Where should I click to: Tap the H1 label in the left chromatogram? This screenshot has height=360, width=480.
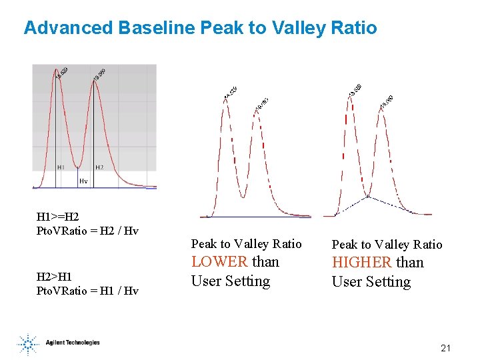coord(61,167)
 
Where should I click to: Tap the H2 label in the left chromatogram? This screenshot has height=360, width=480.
coord(99,167)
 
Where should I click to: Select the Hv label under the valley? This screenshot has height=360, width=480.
coord(83,181)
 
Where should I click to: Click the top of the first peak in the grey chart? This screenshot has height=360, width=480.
coord(57,70)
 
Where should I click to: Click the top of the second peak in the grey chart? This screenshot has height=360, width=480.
coord(94,80)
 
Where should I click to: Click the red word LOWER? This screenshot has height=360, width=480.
coord(220,262)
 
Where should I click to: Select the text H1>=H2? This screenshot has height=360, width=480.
coord(57,217)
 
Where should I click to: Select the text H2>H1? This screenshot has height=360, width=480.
coord(55,276)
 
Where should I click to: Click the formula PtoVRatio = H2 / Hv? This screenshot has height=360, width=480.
coord(87,231)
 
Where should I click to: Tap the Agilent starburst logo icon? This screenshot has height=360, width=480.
coord(28,343)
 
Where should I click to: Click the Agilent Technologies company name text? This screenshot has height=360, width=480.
coord(73,343)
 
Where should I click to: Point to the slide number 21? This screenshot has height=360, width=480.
coord(446,349)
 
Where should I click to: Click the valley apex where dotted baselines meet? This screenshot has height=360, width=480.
coord(367,197)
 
